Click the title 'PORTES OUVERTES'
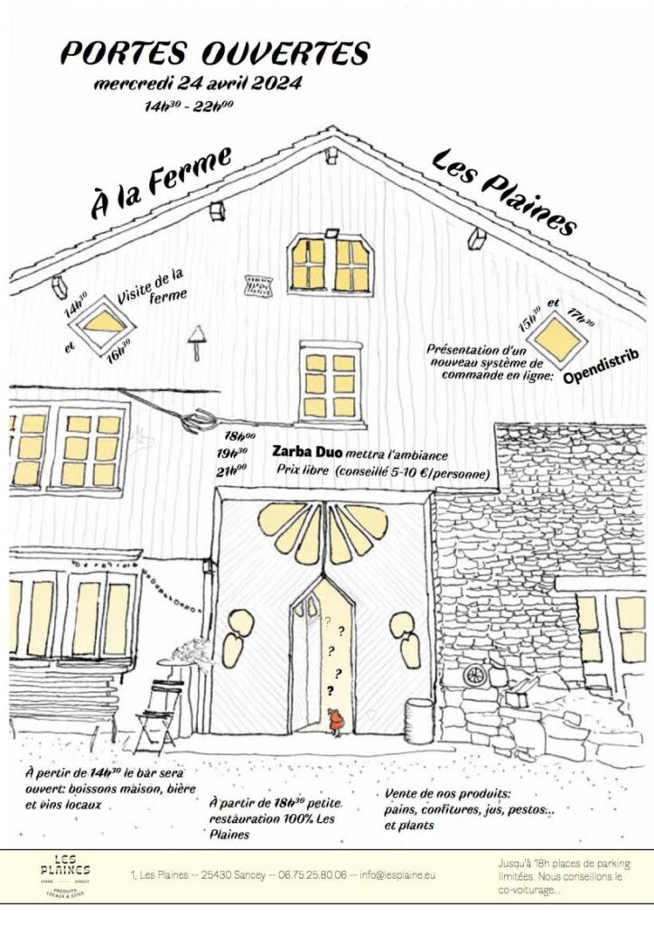coord(214,53)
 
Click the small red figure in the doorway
coord(334,721)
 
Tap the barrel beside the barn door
coord(418,720)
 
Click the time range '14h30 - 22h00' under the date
coord(189,107)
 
